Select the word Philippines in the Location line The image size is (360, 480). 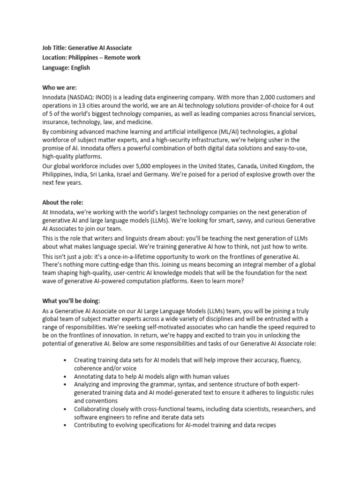(x=86, y=58)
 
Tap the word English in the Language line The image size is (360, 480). (x=80, y=67)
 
